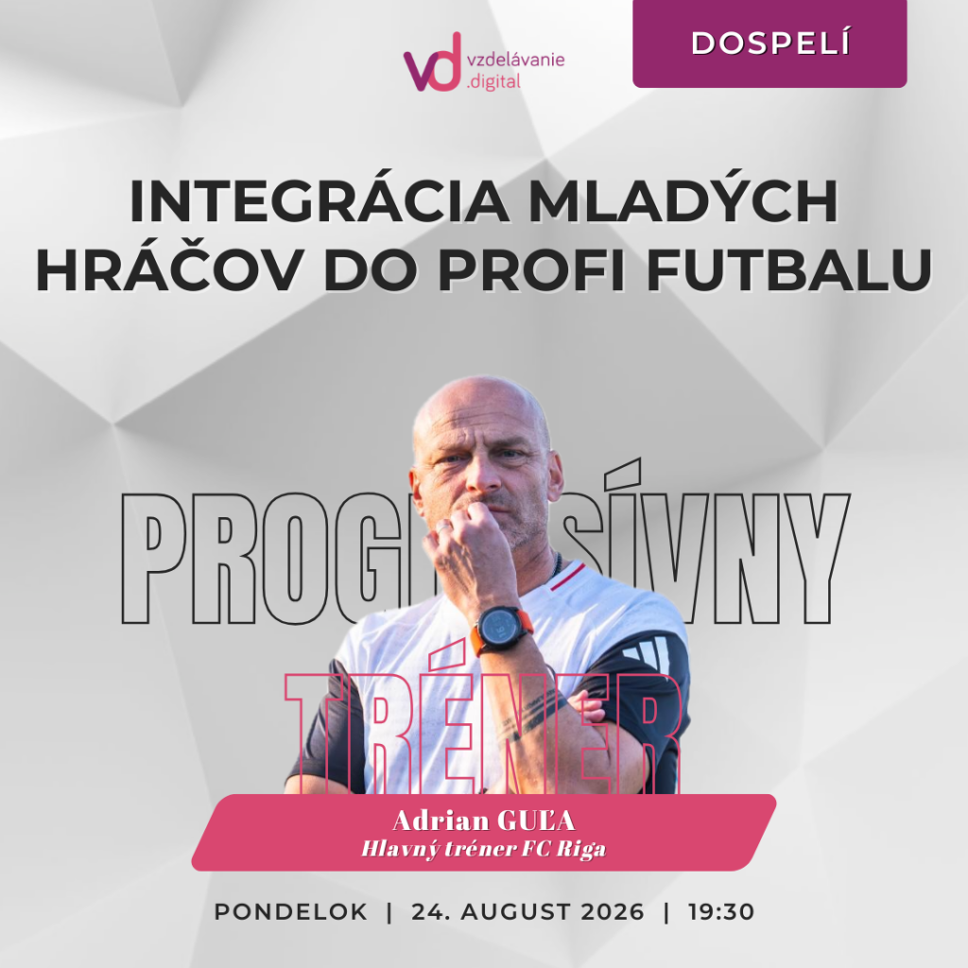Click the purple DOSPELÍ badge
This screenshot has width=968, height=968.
coord(769,43)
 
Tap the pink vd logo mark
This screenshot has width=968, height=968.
coord(433,62)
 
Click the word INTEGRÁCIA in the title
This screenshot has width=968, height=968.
coord(320,202)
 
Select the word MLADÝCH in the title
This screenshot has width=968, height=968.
coord(683,202)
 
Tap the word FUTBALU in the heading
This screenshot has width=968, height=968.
coord(788,270)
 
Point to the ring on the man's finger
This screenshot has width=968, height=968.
coord(444,527)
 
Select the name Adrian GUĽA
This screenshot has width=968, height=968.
coord(484,821)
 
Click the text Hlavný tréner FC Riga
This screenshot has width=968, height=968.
coord(483,849)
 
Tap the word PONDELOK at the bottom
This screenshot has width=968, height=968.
coord(291,912)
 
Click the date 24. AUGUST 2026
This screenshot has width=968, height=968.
coord(527,912)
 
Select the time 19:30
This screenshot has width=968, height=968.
coord(721,912)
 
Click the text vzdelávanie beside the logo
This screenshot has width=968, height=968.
coord(516,60)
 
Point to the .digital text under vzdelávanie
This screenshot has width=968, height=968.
coord(493,81)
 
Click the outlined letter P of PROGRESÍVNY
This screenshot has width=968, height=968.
coord(152,558)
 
